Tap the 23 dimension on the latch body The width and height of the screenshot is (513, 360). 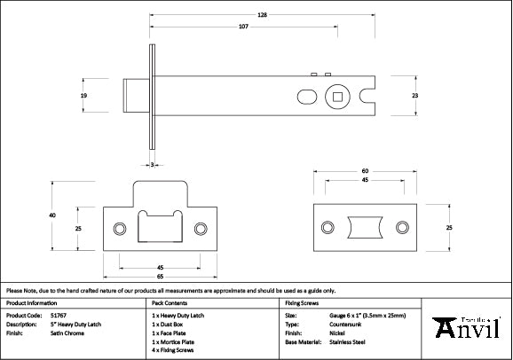[414, 95]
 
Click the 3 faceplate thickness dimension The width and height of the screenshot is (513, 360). [152, 165]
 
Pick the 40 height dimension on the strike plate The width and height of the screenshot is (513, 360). [52, 216]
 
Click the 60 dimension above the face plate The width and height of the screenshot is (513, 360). [365, 171]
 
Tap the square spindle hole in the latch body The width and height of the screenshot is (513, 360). [338, 95]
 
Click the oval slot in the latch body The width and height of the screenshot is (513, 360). [304, 95]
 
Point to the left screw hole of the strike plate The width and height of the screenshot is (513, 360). [121, 227]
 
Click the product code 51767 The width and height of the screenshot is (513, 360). [58, 315]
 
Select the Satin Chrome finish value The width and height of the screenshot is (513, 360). [67, 333]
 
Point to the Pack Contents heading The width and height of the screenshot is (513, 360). [172, 303]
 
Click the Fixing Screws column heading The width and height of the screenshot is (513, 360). [303, 303]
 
